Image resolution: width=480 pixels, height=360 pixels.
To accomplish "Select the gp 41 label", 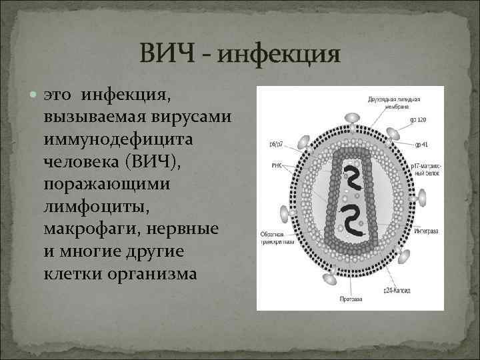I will [420, 144].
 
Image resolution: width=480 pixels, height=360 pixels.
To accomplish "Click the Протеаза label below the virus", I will [351, 298].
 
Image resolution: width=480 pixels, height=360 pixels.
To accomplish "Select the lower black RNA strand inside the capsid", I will [350, 220].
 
